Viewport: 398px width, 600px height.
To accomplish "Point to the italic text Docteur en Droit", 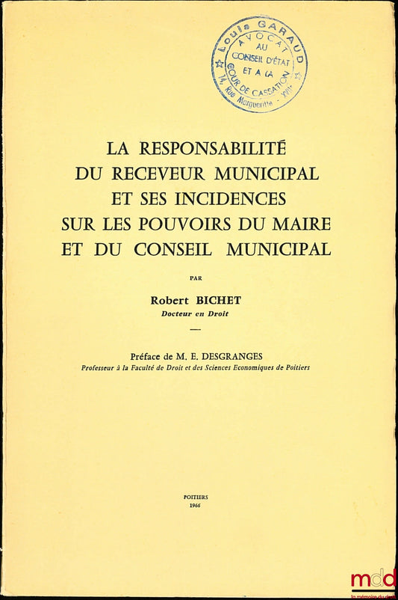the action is tap(195, 313).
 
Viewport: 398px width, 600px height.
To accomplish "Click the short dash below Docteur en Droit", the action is tap(196, 330).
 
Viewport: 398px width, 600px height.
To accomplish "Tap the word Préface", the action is tap(148, 356).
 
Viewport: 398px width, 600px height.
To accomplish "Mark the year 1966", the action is tap(196, 506).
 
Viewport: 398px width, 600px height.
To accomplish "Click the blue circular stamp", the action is tap(258, 65).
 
